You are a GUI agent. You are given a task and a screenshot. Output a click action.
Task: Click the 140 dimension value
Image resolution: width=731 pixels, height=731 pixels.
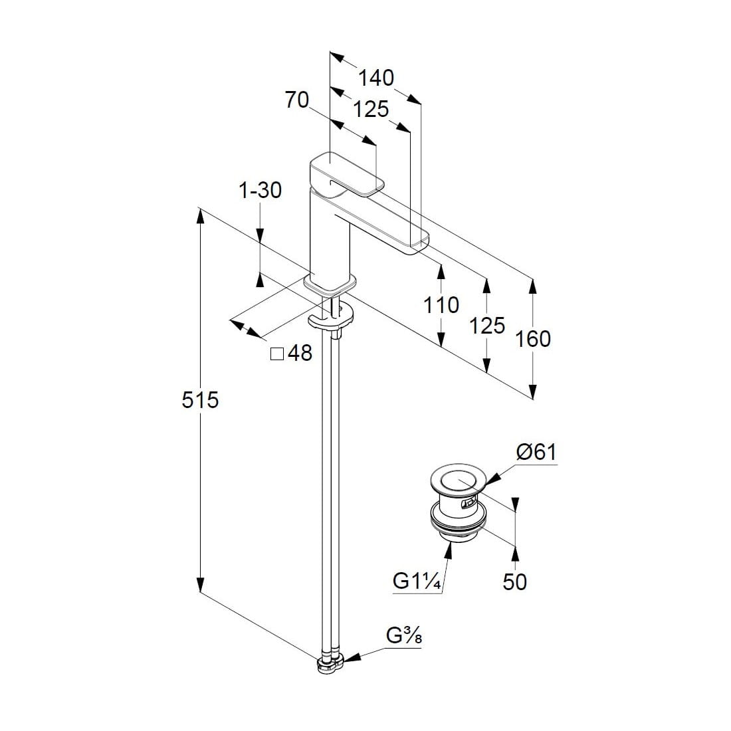tap(376, 78)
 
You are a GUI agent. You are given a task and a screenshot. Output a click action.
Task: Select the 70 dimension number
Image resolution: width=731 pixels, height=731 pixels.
tap(297, 100)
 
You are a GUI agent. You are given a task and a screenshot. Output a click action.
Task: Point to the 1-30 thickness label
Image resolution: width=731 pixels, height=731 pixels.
tap(260, 190)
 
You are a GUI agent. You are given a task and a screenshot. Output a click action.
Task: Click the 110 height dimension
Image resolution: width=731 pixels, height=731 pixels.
tap(441, 305)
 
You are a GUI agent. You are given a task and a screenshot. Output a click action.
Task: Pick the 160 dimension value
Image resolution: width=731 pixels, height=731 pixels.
tap(533, 339)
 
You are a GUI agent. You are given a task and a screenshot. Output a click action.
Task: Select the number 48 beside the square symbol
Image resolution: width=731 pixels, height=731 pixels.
tap(300, 353)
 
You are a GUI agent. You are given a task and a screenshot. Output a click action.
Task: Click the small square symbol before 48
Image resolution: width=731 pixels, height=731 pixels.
tap(276, 353)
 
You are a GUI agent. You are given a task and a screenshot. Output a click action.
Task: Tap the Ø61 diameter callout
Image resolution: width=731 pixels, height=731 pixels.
tap(536, 453)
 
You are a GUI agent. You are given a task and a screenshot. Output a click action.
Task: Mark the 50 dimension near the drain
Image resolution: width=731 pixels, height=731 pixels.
tap(515, 581)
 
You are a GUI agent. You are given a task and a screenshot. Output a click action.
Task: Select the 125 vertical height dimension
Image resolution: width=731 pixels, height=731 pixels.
tap(487, 325)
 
